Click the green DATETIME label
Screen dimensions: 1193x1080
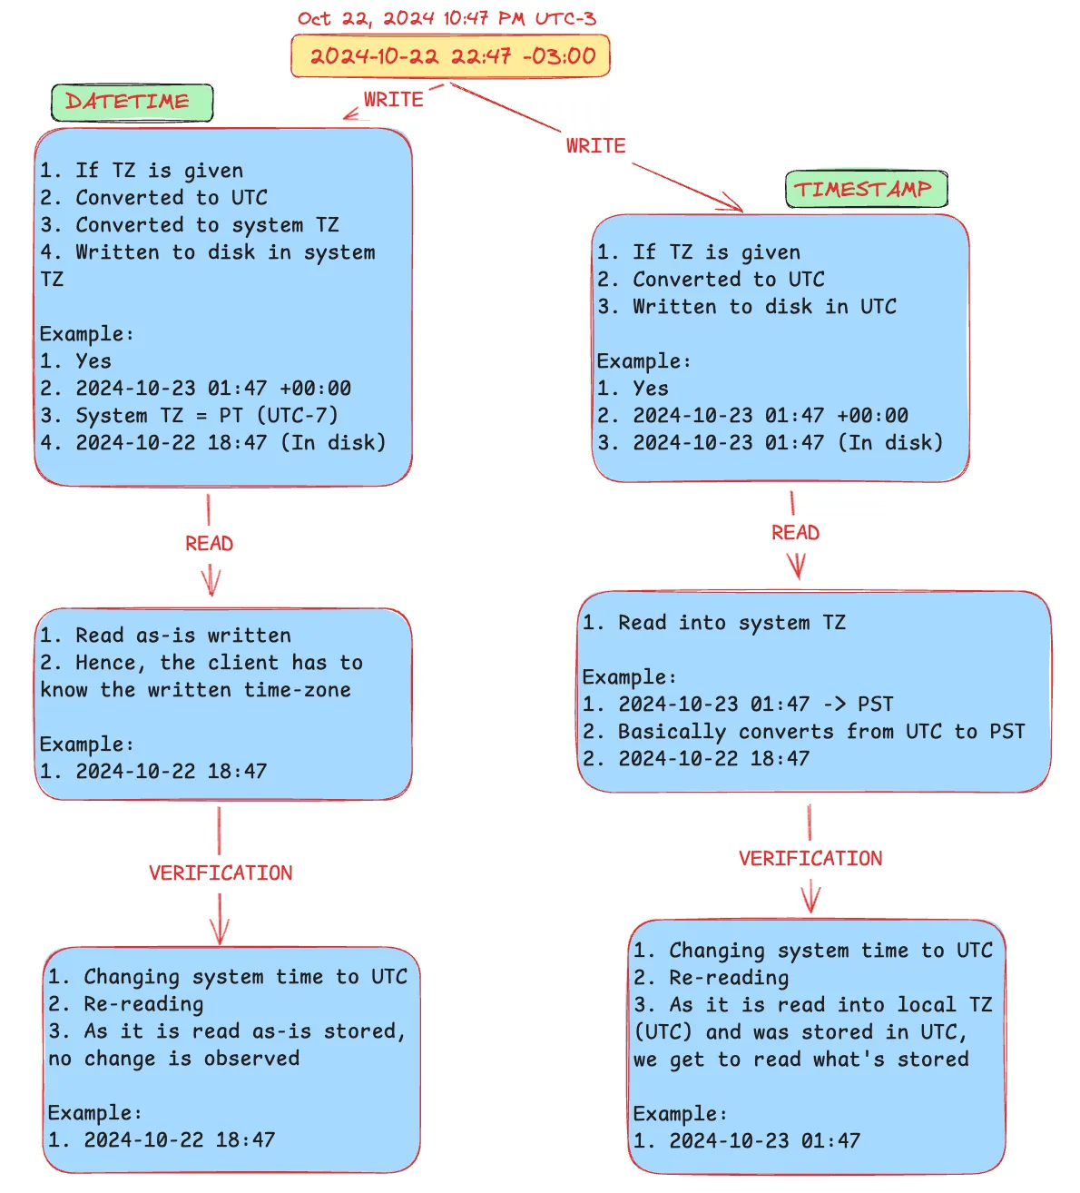click(132, 103)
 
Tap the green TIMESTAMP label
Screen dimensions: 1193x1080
click(865, 189)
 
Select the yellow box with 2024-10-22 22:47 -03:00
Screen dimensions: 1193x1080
click(451, 56)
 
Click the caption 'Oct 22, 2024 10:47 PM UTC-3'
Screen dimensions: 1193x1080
click(447, 18)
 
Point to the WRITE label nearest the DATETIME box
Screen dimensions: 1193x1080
click(393, 100)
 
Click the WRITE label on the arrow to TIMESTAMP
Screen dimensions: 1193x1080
click(595, 146)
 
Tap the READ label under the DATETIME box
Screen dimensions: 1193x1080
click(209, 544)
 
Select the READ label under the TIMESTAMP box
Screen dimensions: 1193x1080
click(795, 533)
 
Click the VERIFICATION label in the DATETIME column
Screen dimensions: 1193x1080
click(221, 873)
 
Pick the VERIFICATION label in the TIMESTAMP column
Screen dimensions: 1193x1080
click(810, 859)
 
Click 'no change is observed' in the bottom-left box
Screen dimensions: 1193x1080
click(173, 1059)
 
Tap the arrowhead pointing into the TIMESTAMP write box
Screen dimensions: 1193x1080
click(735, 204)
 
